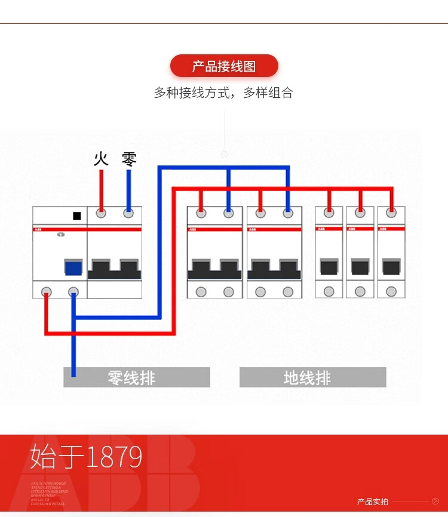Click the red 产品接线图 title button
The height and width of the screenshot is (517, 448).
224,66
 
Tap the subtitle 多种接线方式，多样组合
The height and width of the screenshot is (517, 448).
223,93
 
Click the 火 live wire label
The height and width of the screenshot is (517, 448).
101,159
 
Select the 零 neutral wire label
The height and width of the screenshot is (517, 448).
128,159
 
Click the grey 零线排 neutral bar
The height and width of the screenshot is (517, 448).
136,377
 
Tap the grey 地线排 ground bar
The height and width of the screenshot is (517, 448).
312,377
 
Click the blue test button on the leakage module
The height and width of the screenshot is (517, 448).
73,267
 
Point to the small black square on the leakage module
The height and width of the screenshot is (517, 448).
76,216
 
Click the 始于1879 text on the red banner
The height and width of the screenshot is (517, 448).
87,457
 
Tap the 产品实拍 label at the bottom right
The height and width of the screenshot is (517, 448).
372,501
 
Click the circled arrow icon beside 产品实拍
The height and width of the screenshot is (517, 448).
435,501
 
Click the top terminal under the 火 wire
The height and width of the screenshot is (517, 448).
101,213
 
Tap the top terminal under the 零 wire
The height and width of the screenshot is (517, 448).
128,213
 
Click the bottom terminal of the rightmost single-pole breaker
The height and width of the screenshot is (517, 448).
391,291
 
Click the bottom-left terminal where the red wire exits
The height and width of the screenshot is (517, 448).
45,291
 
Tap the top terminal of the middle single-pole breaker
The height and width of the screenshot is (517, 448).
360,213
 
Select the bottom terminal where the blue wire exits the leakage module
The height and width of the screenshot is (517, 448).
73,291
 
